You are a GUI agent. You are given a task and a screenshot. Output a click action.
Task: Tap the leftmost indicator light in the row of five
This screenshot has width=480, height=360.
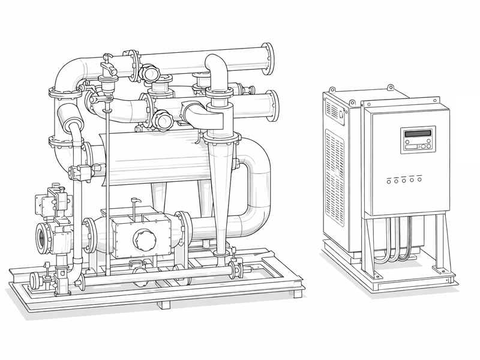(x=390, y=180)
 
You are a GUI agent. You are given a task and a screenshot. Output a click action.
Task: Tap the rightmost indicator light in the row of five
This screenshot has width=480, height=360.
(x=419, y=179)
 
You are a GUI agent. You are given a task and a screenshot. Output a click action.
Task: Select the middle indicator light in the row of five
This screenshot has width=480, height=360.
(x=405, y=179)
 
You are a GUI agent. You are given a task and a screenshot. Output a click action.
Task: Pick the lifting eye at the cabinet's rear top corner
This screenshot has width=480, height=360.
(x=390, y=88)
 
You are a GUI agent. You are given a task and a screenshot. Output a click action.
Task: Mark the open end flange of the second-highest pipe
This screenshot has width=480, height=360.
(x=272, y=104)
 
